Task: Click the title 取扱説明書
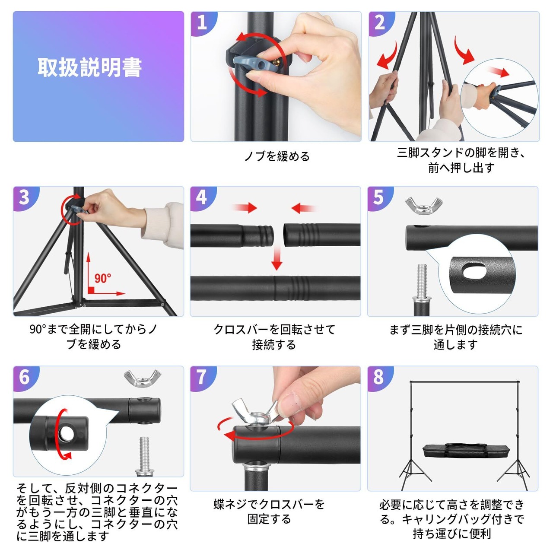tap(90, 67)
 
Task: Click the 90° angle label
tap(102, 278)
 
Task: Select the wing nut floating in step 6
tap(142, 378)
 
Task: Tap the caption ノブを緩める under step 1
tap(277, 156)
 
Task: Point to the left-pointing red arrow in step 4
tap(304, 208)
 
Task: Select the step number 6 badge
tap(25, 378)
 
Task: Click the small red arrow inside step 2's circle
tap(499, 72)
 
